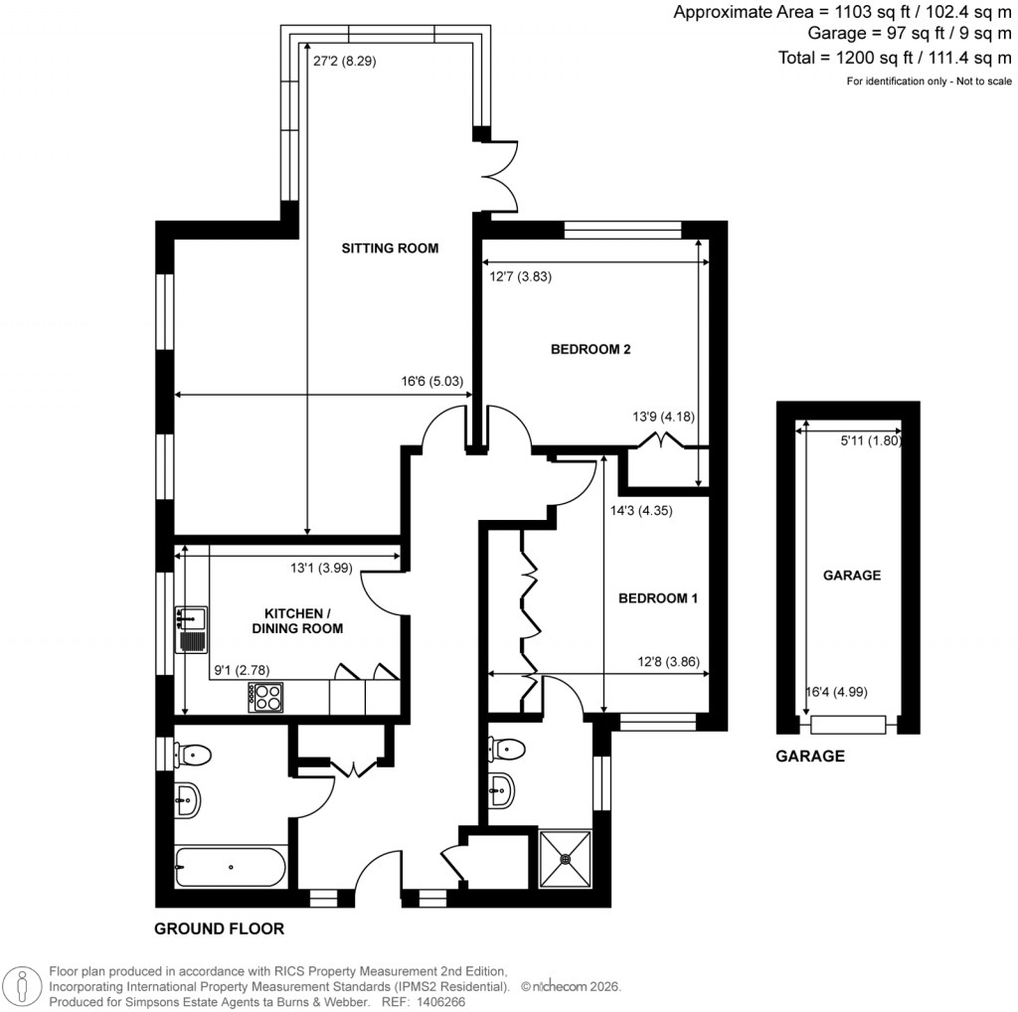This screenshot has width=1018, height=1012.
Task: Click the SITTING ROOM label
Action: click(x=390, y=248)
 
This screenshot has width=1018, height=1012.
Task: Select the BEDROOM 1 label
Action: click(x=658, y=598)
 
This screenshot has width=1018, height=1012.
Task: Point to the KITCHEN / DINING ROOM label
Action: click(x=303, y=620)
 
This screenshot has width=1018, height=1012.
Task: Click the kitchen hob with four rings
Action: click(x=265, y=698)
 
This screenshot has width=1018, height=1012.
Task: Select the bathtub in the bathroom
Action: click(x=230, y=867)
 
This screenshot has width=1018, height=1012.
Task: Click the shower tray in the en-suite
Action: click(x=566, y=858)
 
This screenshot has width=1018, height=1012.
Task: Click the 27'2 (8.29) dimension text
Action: click(x=344, y=61)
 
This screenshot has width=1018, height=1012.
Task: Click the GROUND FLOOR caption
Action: click(x=219, y=929)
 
